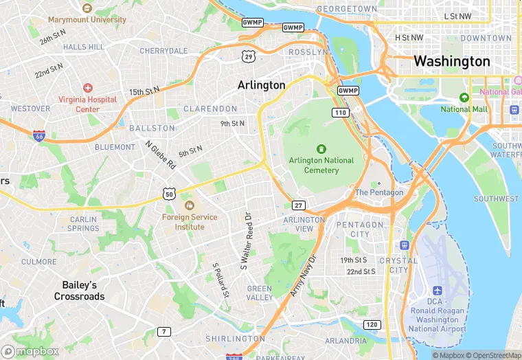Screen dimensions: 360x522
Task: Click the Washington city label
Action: pos(451,61)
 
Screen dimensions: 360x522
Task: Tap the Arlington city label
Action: pos(261,85)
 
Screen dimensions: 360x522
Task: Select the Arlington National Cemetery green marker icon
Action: pos(321,148)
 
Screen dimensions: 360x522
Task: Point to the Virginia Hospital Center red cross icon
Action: pos(87,88)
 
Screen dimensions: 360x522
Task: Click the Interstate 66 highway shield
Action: pos(38,137)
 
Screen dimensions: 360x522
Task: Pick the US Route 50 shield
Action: pos(170,194)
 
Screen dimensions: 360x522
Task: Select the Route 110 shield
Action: pos(340,112)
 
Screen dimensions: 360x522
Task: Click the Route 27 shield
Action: pos(298,205)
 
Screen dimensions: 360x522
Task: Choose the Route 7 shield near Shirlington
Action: pos(163,332)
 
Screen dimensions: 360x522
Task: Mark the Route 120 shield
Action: pos(372,324)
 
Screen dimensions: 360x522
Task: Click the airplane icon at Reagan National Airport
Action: pos(437,291)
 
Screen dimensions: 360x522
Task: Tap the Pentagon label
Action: pos(379,192)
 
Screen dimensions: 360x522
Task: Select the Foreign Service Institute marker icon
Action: pos(189,205)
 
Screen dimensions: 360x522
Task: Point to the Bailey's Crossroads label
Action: pos(80,291)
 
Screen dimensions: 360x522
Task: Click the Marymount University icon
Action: pos(87,8)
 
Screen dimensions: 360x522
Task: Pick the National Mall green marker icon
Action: pos(464,98)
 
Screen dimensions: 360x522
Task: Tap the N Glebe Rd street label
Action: pos(160,155)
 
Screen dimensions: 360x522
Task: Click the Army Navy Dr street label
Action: pos(303,276)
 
